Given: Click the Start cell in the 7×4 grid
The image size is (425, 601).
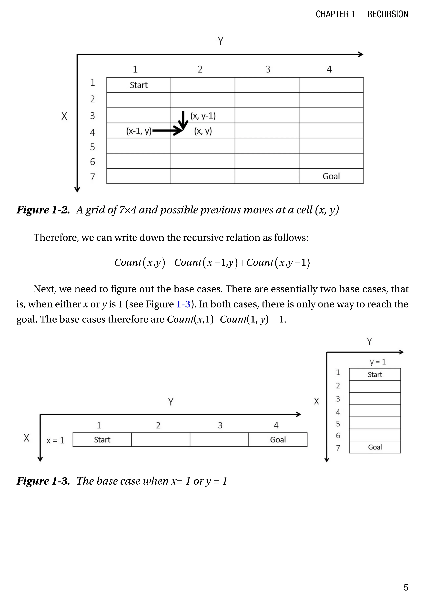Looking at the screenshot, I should tap(139, 85).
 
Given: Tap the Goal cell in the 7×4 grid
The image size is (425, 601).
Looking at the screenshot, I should tap(331, 176).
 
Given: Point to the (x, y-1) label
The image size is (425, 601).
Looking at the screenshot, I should tap(203, 116).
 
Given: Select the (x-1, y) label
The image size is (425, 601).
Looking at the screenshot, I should tap(139, 131).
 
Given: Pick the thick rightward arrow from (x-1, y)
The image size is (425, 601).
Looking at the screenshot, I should tap(166, 130).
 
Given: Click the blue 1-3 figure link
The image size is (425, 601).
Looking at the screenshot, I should tap(183, 304).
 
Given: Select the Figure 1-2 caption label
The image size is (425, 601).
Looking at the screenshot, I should tap(43, 210).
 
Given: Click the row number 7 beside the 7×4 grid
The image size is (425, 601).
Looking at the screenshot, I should tap(92, 177).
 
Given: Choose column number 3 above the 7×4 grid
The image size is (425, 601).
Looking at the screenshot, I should tap(268, 69).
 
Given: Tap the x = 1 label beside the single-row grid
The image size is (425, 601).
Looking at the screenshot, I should tap(55, 440).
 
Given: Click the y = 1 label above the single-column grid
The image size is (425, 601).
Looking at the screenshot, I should tap(378, 362).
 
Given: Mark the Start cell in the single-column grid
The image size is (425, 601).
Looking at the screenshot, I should tap(375, 375).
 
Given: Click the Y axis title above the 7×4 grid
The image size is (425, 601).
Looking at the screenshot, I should tap(221, 41).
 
